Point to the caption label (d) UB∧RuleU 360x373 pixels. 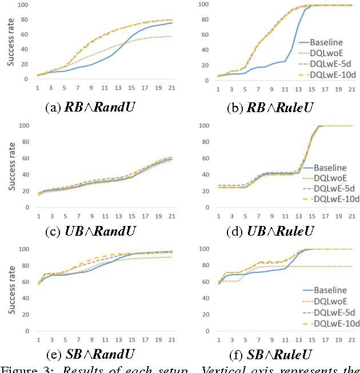[272, 231]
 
